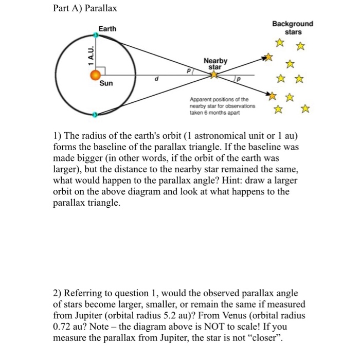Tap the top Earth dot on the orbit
(96, 35)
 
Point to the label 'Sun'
(106, 83)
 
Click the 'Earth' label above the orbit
(107, 29)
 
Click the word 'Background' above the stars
(293, 24)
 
